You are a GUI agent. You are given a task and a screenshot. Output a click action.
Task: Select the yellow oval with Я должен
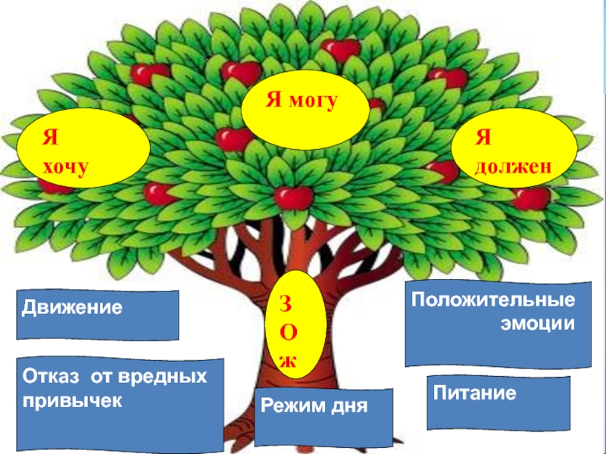tap(513, 148)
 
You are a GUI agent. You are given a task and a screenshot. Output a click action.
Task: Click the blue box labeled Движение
tap(98, 315)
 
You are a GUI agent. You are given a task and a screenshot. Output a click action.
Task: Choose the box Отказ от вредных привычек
tap(120, 404)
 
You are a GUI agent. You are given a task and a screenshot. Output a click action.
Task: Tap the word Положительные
tap(492, 299)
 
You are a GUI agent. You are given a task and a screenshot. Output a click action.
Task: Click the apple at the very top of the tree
tap(339, 49)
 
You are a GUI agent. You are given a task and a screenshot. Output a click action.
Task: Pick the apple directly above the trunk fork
tap(294, 197)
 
